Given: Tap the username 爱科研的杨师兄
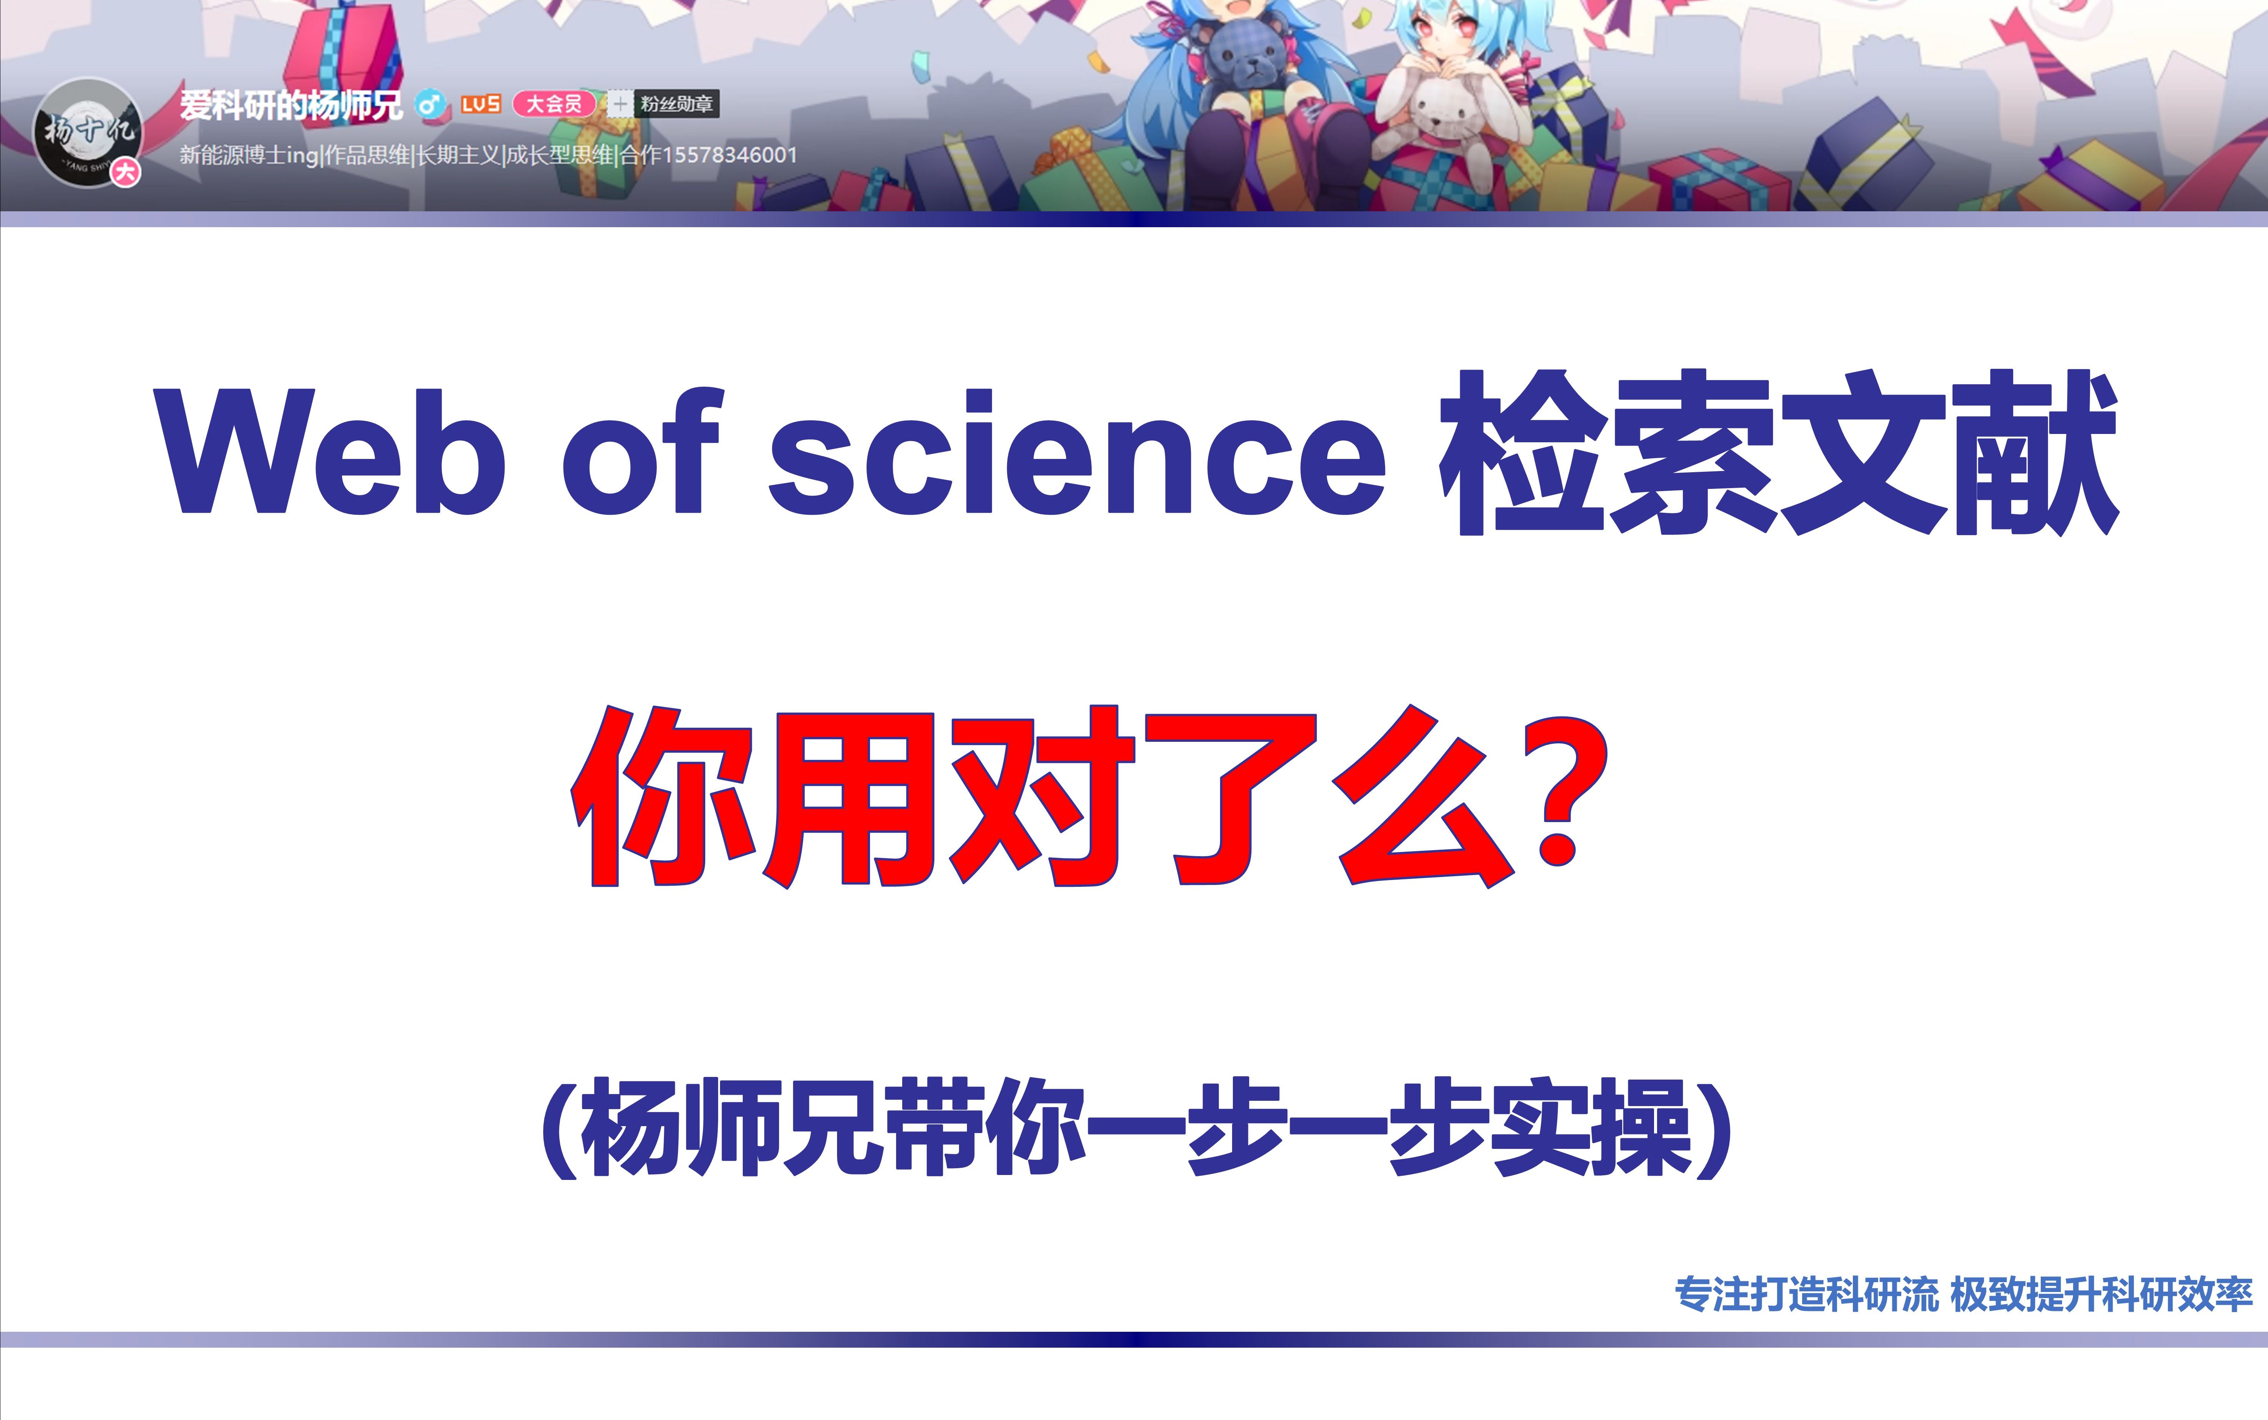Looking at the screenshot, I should pyautogui.click(x=291, y=104).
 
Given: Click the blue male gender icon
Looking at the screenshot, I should pyautogui.click(x=430, y=104).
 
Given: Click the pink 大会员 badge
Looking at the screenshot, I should pyautogui.click(x=553, y=104).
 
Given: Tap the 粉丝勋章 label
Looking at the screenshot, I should pyautogui.click(x=676, y=104).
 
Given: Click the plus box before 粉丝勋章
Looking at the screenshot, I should pyautogui.click(x=619, y=104).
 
